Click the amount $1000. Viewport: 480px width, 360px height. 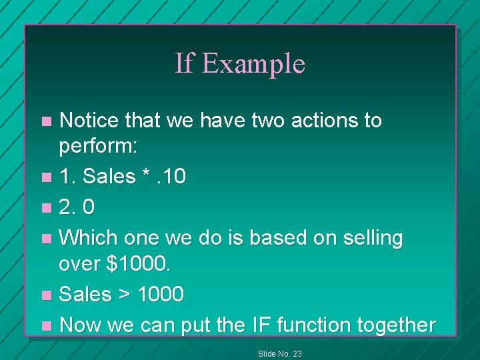[137, 265]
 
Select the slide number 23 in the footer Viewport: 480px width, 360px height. [297, 353]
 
